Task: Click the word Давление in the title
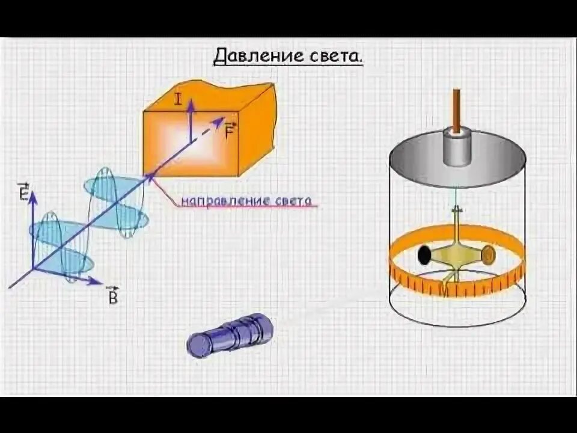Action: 249,57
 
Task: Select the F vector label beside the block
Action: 229,131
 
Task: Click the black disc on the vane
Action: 425,255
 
